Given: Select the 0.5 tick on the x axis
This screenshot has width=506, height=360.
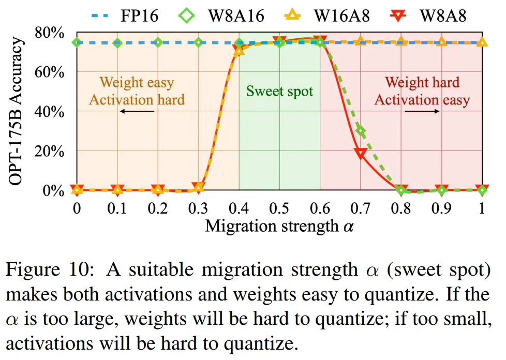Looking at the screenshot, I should (x=279, y=208).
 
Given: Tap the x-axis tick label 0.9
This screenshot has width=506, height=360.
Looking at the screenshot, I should (x=441, y=208).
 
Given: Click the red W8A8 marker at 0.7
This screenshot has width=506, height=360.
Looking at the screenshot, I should (x=361, y=153).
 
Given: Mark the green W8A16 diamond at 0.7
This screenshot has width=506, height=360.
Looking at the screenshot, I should (x=361, y=131).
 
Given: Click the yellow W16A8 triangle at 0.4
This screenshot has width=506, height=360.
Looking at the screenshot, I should (x=239, y=50).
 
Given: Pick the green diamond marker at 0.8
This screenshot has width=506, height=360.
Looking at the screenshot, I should (x=401, y=190).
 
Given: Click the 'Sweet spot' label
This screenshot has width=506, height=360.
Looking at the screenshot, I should (x=279, y=92).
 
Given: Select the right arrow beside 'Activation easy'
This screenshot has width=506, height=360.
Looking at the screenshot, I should (x=422, y=111).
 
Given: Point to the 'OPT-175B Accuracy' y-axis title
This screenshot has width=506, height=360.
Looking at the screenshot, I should (x=18, y=111).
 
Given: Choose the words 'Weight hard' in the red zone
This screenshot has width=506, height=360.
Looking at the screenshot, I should (x=422, y=82).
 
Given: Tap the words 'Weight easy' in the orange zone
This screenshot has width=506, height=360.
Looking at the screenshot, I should (x=137, y=82).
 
